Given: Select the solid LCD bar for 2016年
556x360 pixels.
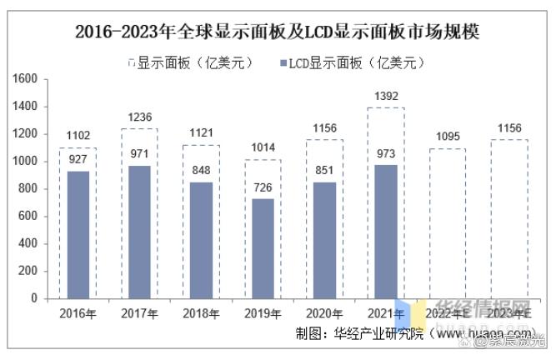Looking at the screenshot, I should pos(78,234).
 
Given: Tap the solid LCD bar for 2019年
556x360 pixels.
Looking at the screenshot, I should pos(263,247).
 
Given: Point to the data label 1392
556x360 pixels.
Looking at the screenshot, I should pos(386,97).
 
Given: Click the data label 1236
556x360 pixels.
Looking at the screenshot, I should pos(140,118).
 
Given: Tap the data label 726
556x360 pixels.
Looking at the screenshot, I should pos(263,188).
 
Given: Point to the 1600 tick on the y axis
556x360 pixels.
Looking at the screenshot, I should pos(27,79).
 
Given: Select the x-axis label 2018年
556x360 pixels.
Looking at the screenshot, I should pos(201,313).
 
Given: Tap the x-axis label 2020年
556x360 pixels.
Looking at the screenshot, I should pos(324,313).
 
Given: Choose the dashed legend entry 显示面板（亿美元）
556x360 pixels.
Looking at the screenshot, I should pos(193,62).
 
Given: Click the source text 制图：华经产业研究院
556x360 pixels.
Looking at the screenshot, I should pos(359,335).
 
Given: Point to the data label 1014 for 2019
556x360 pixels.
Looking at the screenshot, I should pos(263,149).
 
